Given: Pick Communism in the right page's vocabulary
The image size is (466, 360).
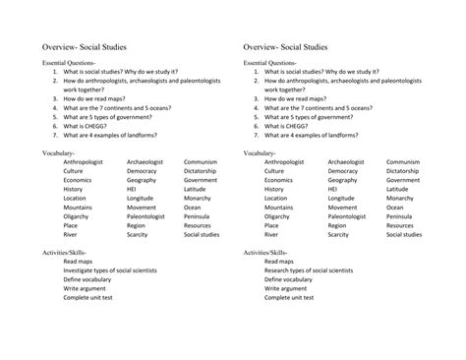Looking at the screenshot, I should [403, 162].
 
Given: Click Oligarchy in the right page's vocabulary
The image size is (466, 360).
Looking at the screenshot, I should [279, 216].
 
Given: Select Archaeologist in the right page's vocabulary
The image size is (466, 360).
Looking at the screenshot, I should [346, 162].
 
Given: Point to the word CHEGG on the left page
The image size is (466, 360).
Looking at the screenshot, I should [94, 125].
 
